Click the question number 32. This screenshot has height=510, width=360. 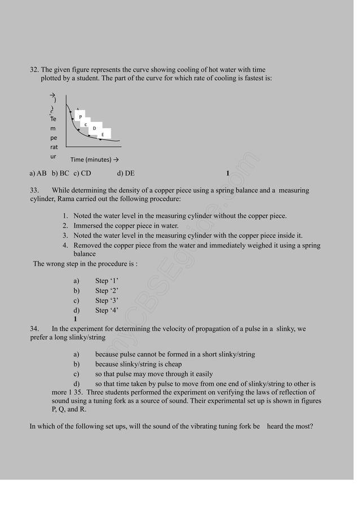click(34, 69)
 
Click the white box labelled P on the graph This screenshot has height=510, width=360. click(80, 117)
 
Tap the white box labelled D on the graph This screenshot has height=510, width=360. click(94, 128)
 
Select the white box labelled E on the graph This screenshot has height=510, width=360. click(102, 135)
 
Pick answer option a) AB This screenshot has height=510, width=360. click(38, 173)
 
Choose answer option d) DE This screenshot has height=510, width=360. click(125, 173)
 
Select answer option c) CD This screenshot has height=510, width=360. click(82, 173)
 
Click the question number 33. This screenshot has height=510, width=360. click(34, 190)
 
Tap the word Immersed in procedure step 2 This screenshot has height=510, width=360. click(90, 226)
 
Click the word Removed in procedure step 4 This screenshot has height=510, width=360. click(90, 245)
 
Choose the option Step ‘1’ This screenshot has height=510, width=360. click(107, 281)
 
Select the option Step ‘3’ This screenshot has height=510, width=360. click(107, 300)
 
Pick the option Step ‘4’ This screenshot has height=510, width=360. click(107, 310)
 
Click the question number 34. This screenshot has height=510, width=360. click(34, 328)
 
